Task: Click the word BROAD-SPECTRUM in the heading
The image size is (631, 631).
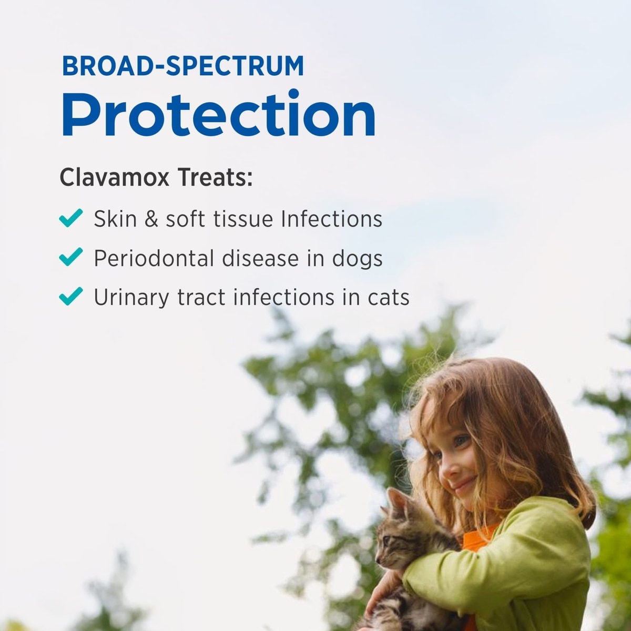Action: click(x=182, y=66)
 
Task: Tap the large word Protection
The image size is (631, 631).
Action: click(x=218, y=114)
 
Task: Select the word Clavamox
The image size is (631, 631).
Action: click(x=114, y=177)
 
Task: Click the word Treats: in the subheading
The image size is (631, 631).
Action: click(x=215, y=177)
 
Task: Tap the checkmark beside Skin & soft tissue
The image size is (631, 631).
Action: click(x=71, y=218)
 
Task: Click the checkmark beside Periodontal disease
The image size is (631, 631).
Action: click(x=71, y=257)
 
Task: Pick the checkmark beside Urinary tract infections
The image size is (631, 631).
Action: click(x=71, y=296)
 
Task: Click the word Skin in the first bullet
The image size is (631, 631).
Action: click(x=115, y=219)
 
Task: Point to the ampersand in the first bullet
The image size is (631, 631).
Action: click(x=151, y=219)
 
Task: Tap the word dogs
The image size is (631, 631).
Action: click(x=357, y=259)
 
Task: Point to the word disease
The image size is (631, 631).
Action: click(x=261, y=258)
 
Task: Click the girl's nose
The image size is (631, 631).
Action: click(x=446, y=470)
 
